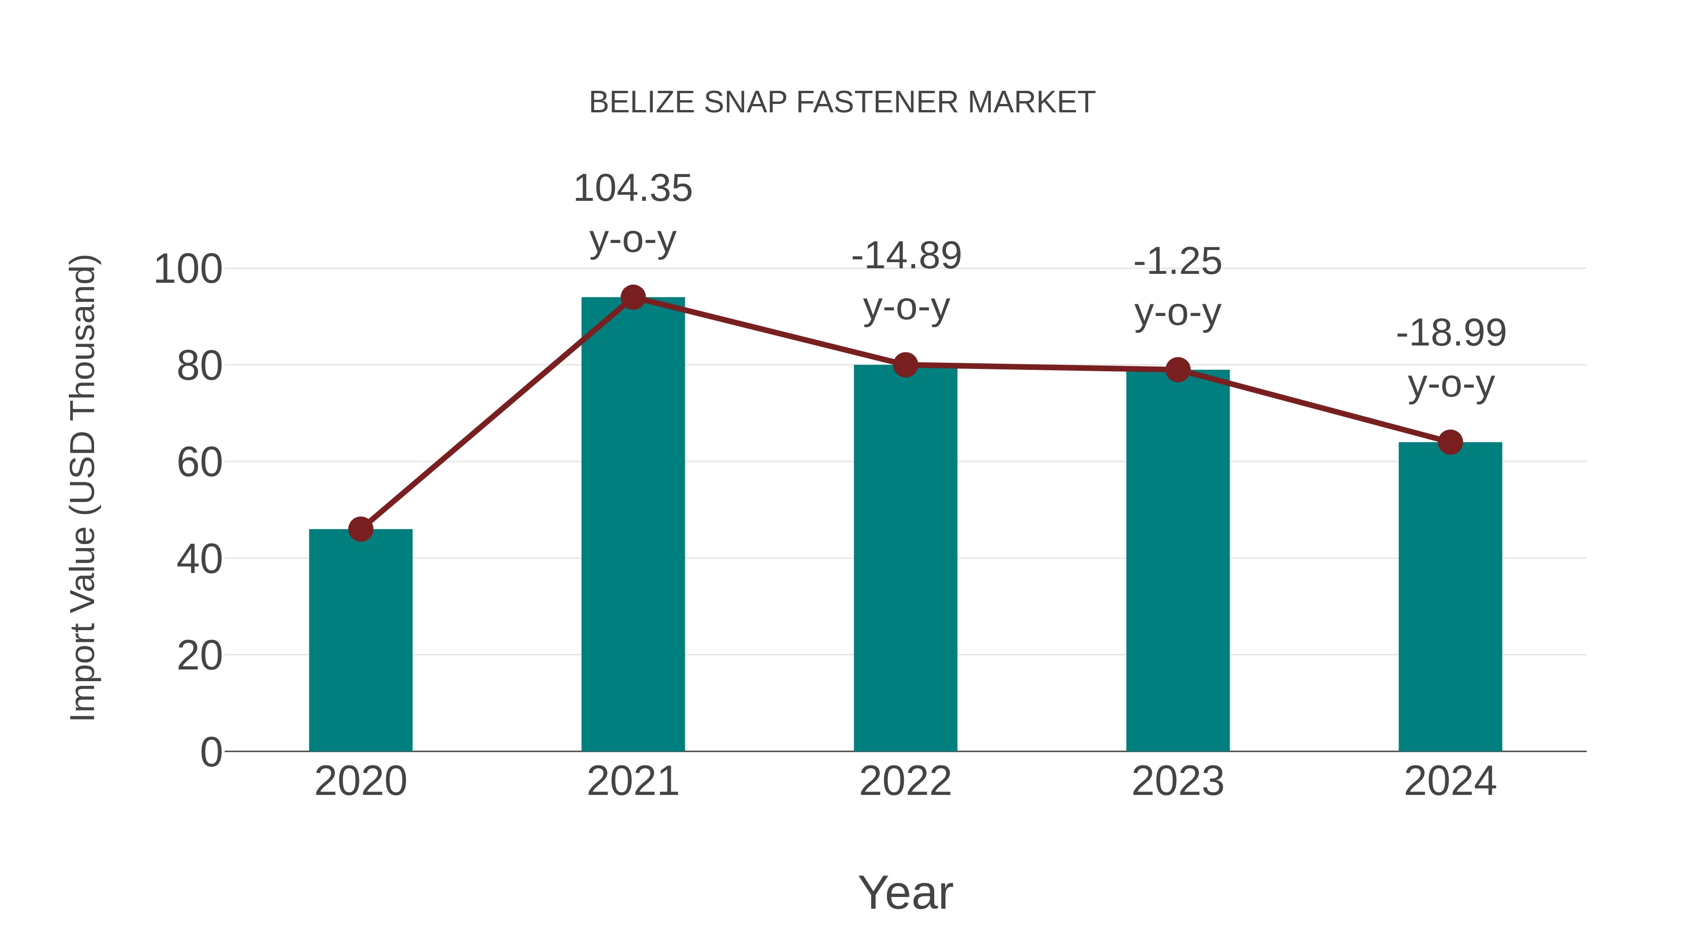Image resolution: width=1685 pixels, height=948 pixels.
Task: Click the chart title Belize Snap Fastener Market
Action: pyautogui.click(x=842, y=103)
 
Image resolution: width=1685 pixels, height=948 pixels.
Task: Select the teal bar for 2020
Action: pyautogui.click(x=360, y=641)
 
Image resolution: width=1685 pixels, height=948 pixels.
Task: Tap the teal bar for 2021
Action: pyautogui.click(x=632, y=523)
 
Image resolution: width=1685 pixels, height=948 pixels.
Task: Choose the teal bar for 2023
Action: pyautogui.click(x=1178, y=563)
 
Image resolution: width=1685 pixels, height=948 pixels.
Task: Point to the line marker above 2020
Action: pyautogui.click(x=360, y=529)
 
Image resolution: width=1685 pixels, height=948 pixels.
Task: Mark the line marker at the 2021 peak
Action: pyautogui.click(x=632, y=298)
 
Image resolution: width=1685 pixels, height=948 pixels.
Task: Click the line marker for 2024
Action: pyautogui.click(x=1450, y=442)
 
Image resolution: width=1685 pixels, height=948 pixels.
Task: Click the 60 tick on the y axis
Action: pyautogui.click(x=199, y=463)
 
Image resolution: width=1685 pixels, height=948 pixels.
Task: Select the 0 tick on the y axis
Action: pyautogui.click(x=211, y=752)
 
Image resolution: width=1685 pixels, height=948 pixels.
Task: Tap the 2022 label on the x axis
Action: pyautogui.click(x=905, y=781)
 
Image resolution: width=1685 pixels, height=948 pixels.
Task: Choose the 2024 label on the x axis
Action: pyautogui.click(x=1450, y=781)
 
